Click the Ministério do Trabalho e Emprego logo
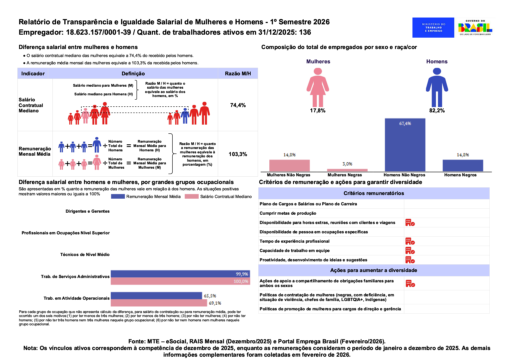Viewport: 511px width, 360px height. tap(433, 27)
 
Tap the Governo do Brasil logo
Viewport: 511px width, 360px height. tap(475, 27)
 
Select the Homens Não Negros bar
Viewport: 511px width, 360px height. tap(405, 145)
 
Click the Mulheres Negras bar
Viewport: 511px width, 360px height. tap(347, 170)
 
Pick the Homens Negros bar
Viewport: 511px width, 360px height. tap(463, 165)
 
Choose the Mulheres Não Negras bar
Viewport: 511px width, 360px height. tap(289, 165)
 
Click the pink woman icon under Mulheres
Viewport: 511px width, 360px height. tap(318, 87)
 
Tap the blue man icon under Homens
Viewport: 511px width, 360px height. tap(437, 87)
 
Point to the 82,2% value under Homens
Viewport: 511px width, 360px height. tap(437, 111)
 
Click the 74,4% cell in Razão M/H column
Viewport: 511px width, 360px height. tap(238, 105)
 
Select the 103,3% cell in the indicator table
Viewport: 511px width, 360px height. tap(238, 154)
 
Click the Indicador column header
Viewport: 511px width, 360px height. tap(33, 74)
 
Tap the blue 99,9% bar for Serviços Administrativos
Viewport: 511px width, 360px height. tap(180, 274)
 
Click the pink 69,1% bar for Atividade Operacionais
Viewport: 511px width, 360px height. tap(159, 303)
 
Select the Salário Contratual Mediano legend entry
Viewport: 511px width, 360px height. tap(219, 197)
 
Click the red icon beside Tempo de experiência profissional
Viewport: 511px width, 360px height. tap(410, 241)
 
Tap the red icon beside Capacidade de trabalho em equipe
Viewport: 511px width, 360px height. tap(410, 251)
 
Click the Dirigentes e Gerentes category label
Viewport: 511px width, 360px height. tap(87, 211)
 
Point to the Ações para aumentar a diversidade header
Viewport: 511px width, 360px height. tap(374, 270)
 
